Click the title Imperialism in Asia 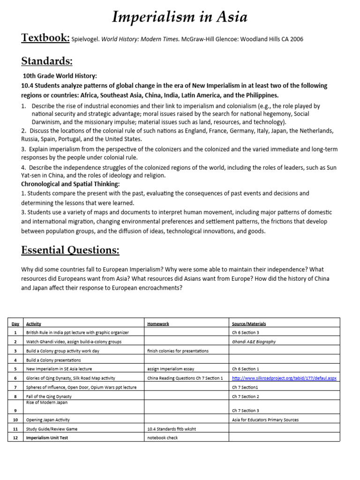point(180,17)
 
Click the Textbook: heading point(45,38)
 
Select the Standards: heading point(47,61)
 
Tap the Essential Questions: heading point(70,250)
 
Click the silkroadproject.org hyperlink point(284,378)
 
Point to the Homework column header point(158,323)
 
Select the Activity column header point(34,323)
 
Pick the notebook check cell point(163,438)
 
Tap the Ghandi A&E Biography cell point(254,342)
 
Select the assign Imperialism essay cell point(167,369)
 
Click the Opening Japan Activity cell point(48,420)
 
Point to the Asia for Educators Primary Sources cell point(265,420)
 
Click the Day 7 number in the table point(15,387)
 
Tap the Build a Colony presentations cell point(53,360)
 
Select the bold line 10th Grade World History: point(60,76)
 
